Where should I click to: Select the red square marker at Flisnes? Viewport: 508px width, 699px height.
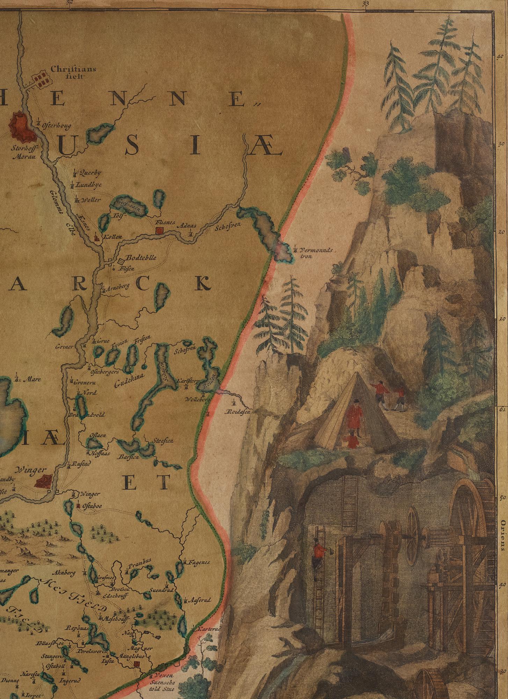point(160,230)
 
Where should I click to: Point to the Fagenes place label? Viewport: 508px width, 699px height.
point(199,562)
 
